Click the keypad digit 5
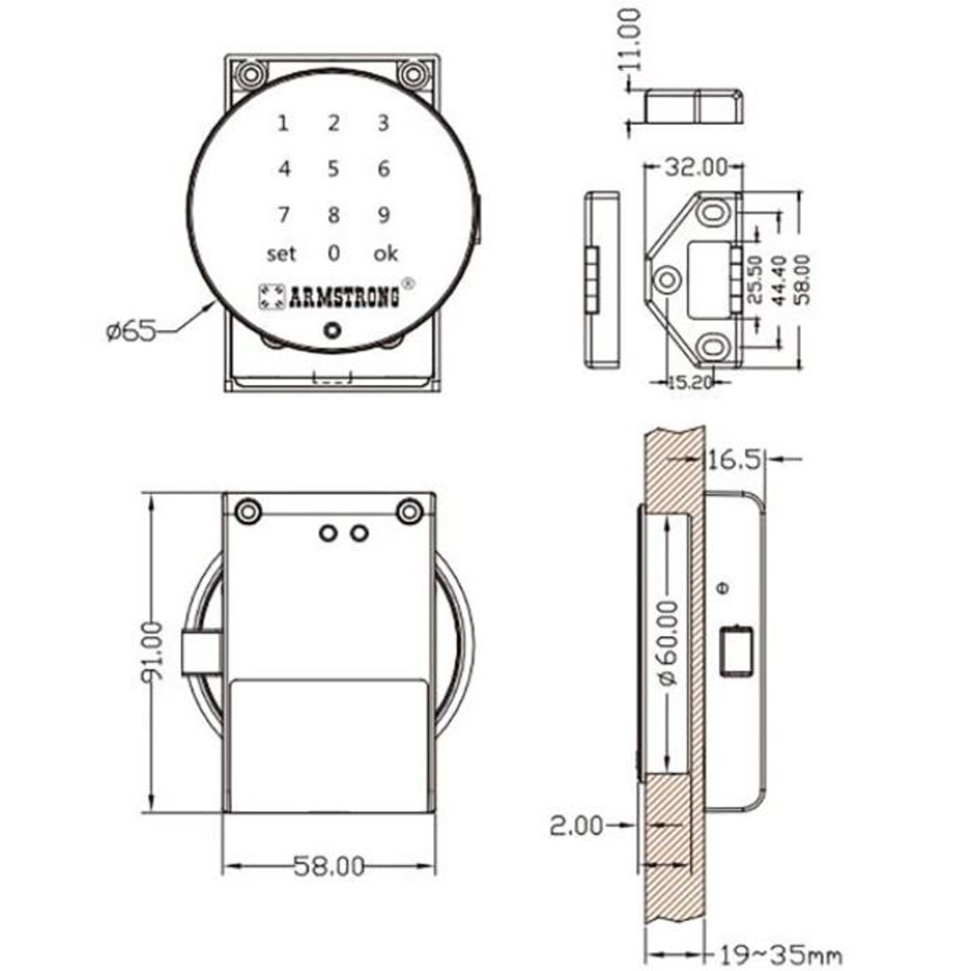333,169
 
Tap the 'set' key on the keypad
281,253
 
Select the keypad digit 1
283,123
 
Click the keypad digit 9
384,214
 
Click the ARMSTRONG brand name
344,297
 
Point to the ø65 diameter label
132,331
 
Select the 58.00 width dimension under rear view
328,867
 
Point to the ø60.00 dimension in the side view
669,643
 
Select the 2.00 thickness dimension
576,826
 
